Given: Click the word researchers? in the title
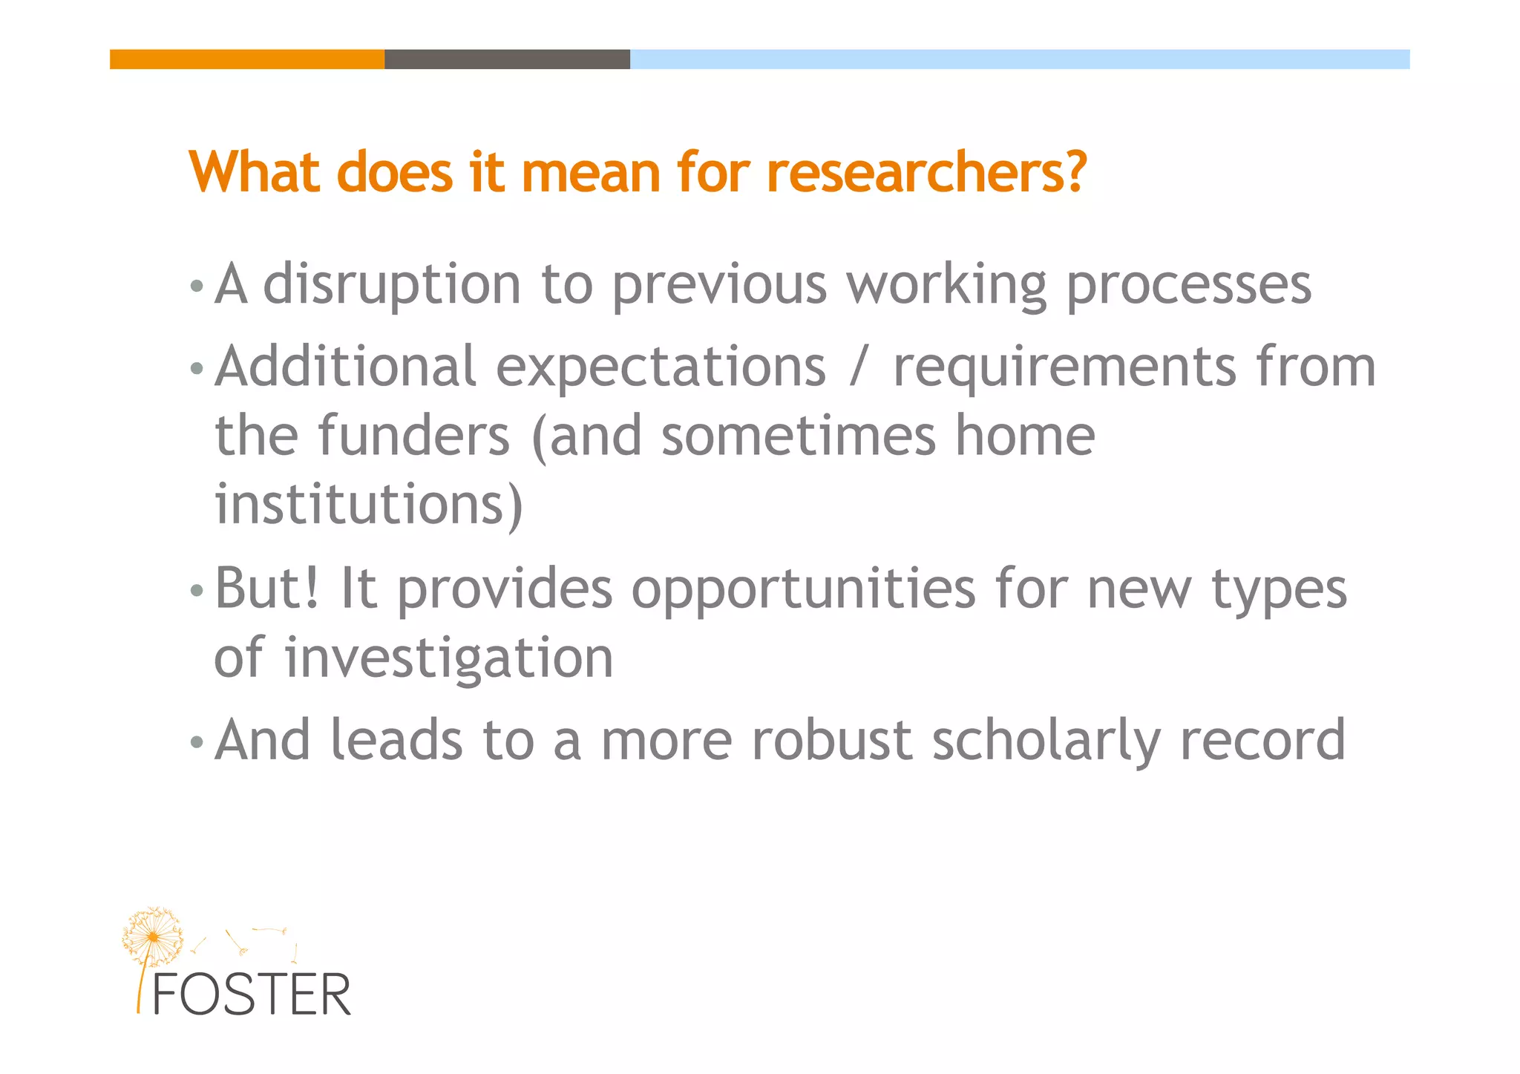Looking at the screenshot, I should point(926,173).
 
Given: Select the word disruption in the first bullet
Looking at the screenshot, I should point(392,285).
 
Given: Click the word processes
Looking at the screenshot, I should point(1189,285).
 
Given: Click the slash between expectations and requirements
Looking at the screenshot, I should point(858,367).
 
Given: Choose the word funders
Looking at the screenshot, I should point(414,436).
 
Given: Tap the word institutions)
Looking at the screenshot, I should point(369,505).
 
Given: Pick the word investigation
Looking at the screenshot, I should point(449,658).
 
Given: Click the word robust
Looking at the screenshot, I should point(831,740).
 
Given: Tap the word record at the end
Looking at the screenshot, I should point(1262,740).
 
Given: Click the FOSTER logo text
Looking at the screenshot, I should point(251,995).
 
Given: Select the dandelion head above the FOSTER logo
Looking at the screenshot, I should point(153,937).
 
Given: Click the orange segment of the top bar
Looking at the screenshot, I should point(247,59).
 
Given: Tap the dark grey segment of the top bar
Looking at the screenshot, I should point(507,59).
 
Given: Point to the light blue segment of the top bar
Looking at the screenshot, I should point(1019,59).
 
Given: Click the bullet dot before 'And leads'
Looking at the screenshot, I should point(196,741).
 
